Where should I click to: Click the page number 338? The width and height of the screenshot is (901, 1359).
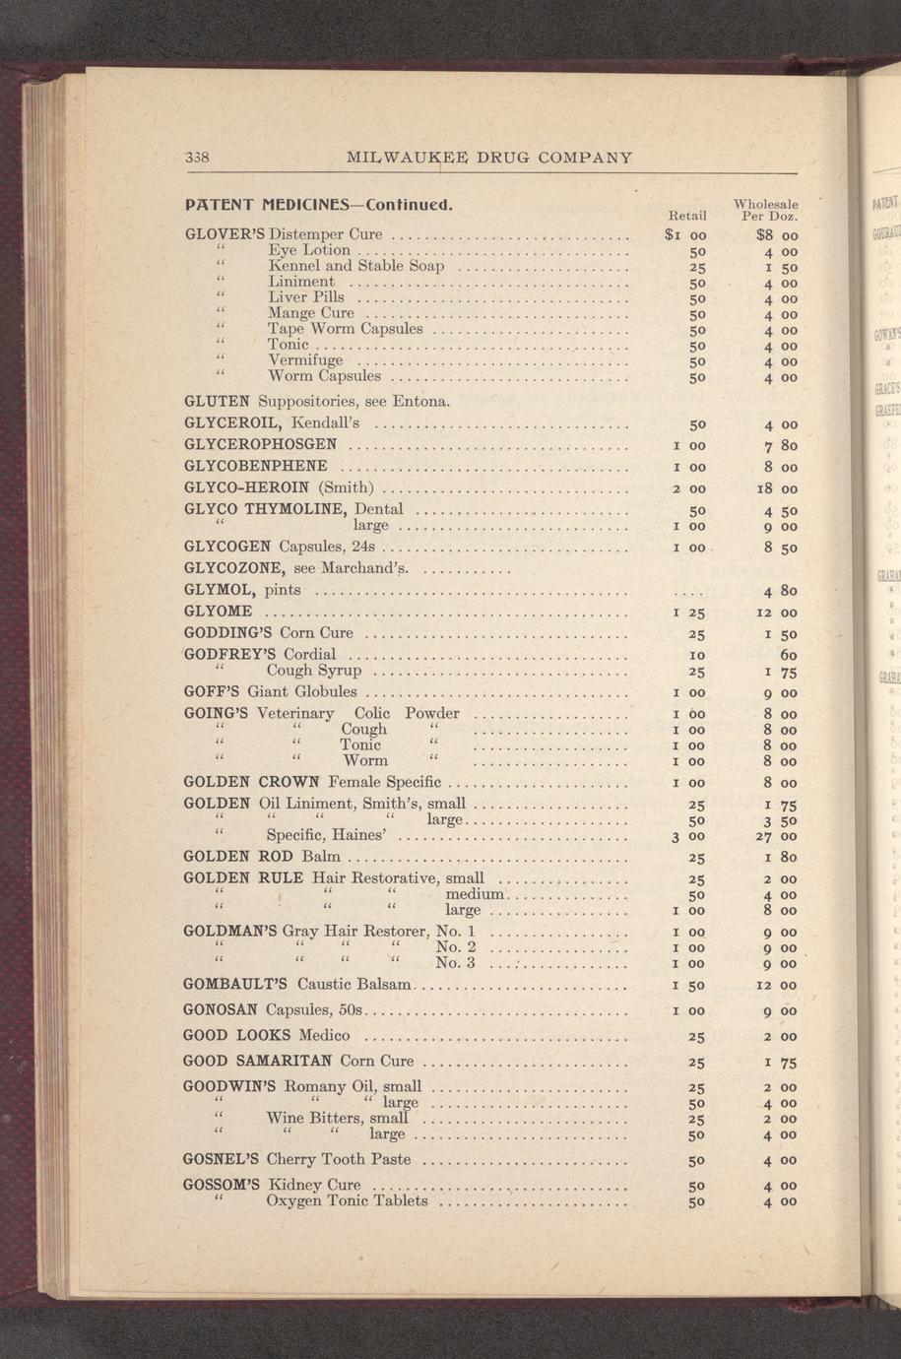tap(198, 158)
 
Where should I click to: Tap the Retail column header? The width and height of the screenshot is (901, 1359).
tap(687, 215)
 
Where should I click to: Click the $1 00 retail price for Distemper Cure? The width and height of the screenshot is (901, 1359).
tap(685, 235)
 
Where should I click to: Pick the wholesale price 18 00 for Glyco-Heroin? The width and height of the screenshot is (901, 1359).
tap(776, 488)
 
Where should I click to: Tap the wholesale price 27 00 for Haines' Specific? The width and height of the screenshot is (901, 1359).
tap(776, 837)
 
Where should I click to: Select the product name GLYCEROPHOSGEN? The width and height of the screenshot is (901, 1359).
tap(261, 444)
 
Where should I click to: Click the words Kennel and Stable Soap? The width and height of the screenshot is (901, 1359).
tap(355, 266)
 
